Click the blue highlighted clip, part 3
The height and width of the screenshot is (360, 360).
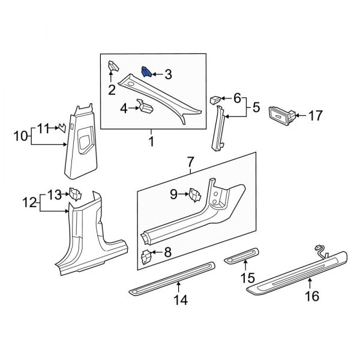pos(146,73)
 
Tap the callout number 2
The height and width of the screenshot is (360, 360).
pos(112,91)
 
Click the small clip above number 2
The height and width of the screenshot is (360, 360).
pos(112,66)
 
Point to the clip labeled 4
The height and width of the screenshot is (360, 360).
pos(146,107)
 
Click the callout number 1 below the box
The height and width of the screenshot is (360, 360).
pos(151,142)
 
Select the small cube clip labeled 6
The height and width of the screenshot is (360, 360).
pos(215,99)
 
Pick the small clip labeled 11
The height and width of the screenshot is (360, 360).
pos(60,127)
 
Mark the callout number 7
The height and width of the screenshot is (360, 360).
pos(191,161)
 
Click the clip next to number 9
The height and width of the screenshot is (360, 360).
pos(195,194)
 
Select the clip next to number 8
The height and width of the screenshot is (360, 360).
pos(146,256)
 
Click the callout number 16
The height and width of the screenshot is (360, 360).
pos(312,296)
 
